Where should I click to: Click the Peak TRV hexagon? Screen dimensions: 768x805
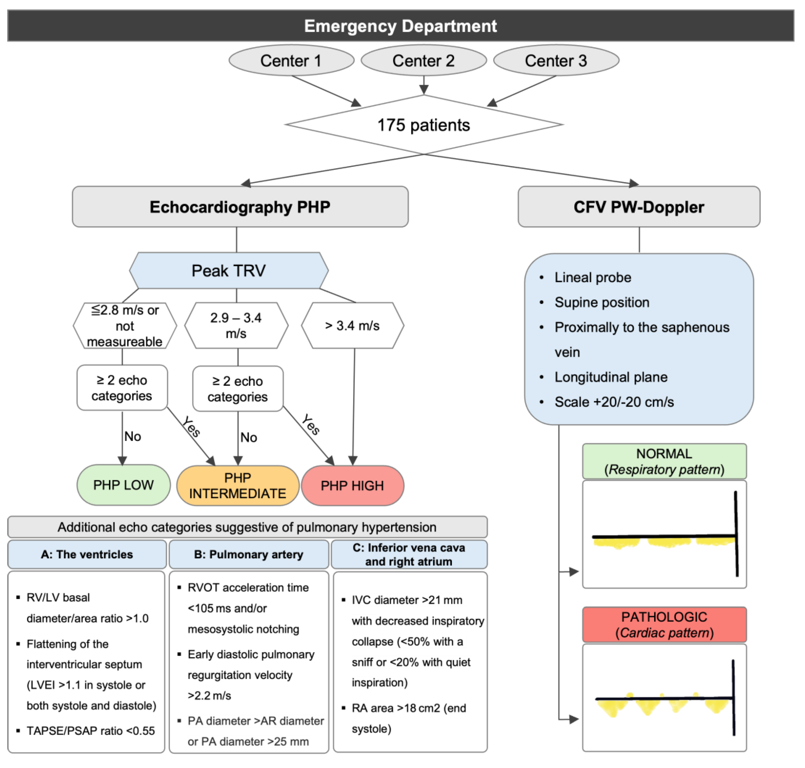tap(228, 271)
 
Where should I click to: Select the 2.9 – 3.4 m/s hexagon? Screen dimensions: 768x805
tap(236, 325)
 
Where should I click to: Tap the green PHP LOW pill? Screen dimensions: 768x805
tap(123, 485)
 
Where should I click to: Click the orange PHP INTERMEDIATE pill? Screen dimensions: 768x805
tap(237, 486)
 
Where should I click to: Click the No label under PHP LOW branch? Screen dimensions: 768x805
tap(133, 437)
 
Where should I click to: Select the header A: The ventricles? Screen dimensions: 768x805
tap(87, 554)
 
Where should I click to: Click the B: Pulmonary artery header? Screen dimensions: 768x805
tap(249, 554)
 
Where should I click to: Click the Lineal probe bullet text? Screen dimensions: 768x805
tap(592, 278)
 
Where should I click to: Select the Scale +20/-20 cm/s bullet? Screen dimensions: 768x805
tap(614, 402)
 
